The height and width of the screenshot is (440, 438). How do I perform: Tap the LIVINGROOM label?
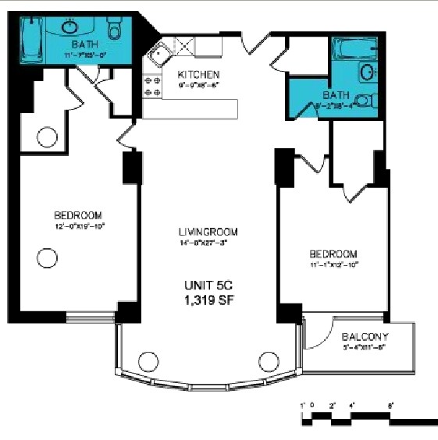pos(207,232)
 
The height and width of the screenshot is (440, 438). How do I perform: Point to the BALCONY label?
pos(365,337)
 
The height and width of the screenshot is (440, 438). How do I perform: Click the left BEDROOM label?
pos(78,215)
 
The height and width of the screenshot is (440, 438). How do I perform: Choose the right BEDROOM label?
pos(333,254)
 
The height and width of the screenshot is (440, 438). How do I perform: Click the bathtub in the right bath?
pos(356,50)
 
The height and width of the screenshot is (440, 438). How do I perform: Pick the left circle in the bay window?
pos(148,362)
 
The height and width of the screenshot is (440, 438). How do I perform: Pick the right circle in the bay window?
pos(268,362)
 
